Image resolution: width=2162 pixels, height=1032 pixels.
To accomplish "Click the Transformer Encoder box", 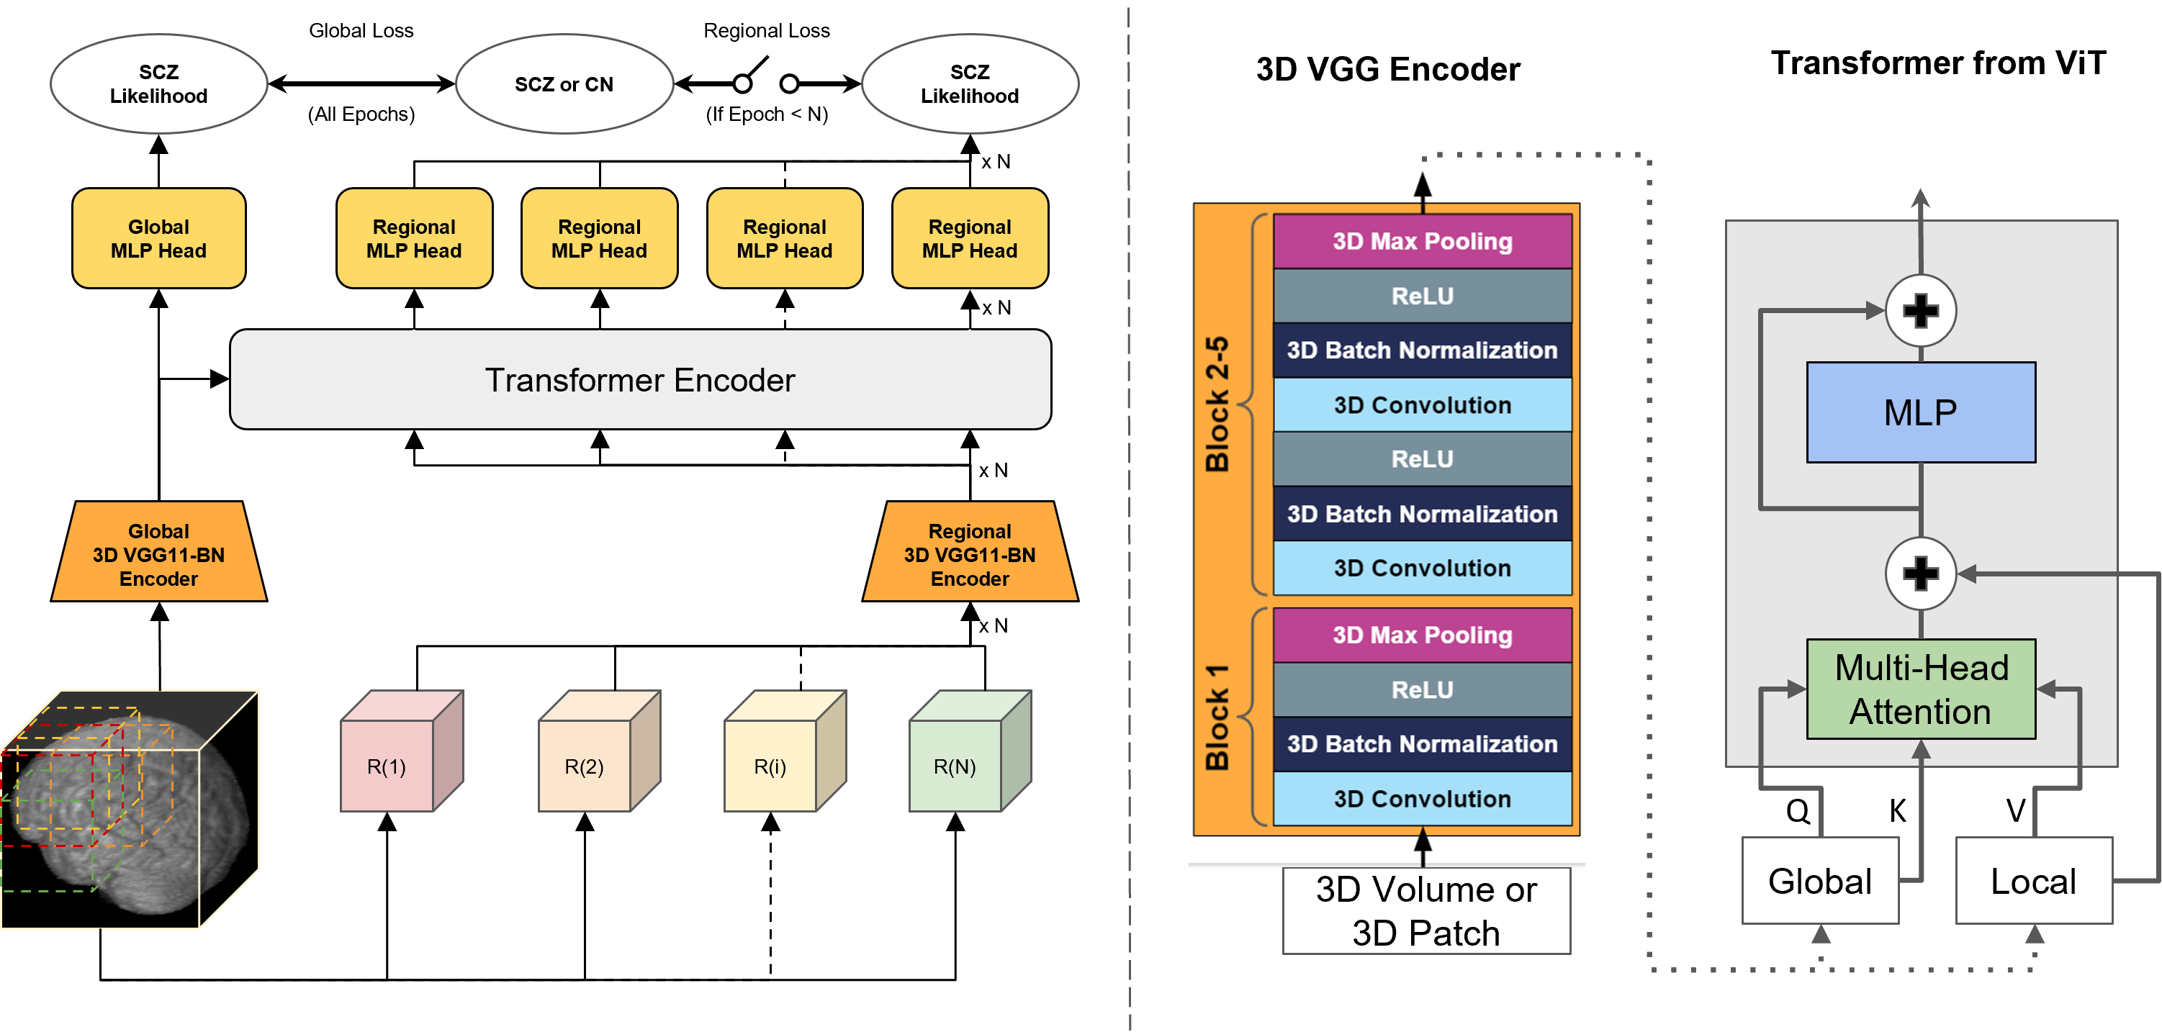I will [639, 379].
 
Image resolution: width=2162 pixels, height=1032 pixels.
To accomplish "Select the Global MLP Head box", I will [158, 238].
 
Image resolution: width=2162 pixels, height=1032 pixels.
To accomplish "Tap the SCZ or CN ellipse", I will [564, 84].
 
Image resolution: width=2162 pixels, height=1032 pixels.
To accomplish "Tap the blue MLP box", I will [1920, 412].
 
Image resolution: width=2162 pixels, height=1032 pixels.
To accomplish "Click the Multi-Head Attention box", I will [1920, 689].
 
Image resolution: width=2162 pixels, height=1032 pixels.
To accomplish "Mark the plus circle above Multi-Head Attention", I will [1920, 574].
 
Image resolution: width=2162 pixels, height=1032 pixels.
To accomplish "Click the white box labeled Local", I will [2032, 881].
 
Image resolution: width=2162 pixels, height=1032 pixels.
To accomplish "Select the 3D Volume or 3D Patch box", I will [1426, 911].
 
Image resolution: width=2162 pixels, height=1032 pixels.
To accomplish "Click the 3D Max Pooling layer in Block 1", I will [1423, 635].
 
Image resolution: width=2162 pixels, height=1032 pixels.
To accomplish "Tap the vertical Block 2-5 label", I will [1217, 404].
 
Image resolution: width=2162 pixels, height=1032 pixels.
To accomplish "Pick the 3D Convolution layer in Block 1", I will [1423, 798].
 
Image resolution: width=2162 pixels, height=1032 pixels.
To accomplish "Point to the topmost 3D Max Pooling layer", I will [1423, 242].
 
